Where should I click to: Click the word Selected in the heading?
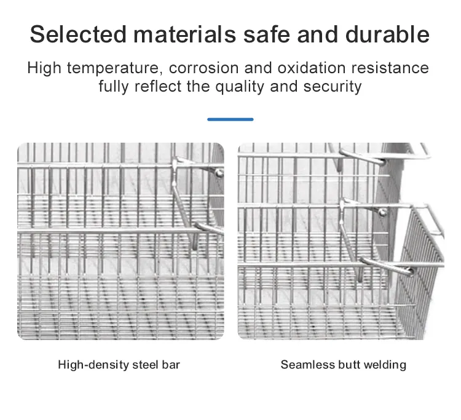[78, 34]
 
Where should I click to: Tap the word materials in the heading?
[184, 34]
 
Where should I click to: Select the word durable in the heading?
[387, 34]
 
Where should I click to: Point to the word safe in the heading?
[267, 34]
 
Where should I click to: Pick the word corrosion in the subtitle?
[203, 68]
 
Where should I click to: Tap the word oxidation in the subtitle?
[312, 68]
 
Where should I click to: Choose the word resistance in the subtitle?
[390, 68]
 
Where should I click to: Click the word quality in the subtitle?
[240, 87]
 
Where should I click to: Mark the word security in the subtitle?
[332, 87]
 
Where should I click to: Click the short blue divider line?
[230, 119]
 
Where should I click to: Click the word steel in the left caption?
[145, 365]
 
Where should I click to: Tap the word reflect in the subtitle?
[158, 87]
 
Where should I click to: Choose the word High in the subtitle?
[44, 68]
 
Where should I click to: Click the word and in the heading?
[318, 34]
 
